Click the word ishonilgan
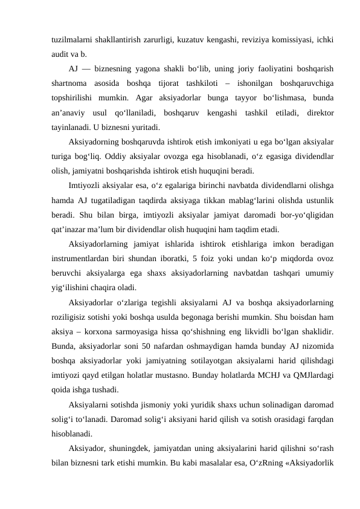point(248,82)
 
